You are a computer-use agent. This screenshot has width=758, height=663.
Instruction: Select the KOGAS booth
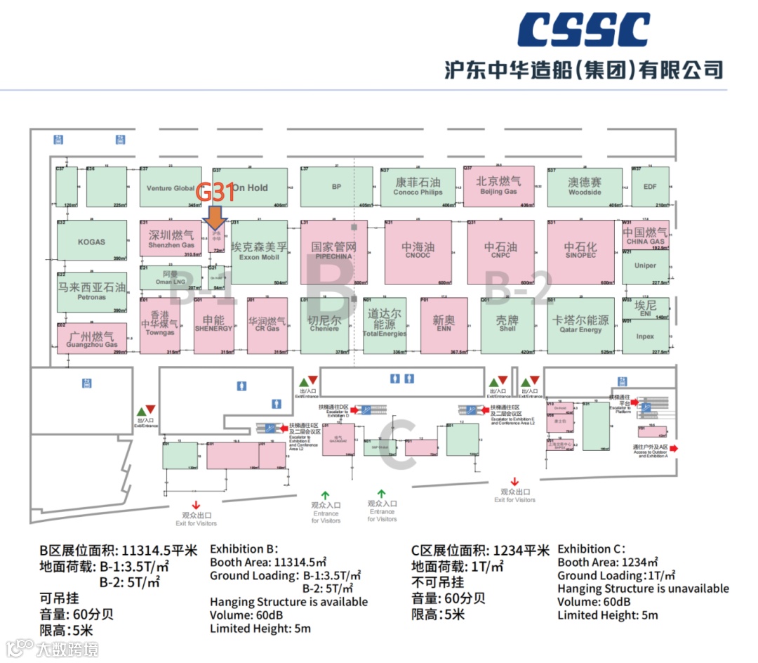tap(91, 242)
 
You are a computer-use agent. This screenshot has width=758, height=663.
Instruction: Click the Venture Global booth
tap(171, 188)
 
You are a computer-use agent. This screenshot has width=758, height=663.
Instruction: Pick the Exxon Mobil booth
tap(259, 252)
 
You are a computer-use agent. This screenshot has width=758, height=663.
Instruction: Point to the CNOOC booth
tap(418, 252)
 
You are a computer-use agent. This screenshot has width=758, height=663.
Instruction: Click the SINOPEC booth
tap(581, 252)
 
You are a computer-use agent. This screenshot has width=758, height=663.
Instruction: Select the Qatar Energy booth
tap(580, 325)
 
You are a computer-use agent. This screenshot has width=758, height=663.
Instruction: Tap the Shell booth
tap(507, 325)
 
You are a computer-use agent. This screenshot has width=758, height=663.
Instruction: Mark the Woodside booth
tap(585, 187)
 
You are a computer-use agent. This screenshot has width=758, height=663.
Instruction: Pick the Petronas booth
tap(91, 291)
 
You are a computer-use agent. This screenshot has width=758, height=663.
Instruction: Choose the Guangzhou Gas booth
tap(91, 339)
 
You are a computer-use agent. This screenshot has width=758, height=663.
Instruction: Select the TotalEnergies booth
tap(385, 324)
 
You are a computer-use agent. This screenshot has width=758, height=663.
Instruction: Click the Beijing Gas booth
tap(498, 186)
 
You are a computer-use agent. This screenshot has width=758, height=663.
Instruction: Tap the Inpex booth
tap(645, 336)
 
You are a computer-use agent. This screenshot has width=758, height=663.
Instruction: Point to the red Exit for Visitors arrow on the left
tap(197, 504)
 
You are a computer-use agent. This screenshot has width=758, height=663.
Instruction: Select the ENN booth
tap(444, 324)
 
